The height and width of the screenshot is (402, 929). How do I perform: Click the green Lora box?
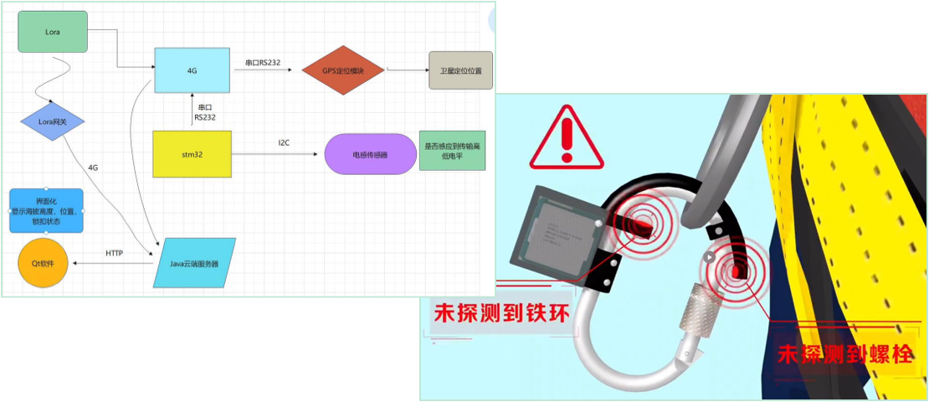pyautogui.click(x=53, y=31)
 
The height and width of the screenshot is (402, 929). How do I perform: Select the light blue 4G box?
pyautogui.click(x=192, y=70)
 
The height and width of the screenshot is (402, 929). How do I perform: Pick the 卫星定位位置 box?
pyautogui.click(x=460, y=70)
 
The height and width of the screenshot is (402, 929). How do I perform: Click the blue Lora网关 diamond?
pyautogui.click(x=54, y=123)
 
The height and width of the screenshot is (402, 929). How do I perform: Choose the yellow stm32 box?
pyautogui.click(x=192, y=153)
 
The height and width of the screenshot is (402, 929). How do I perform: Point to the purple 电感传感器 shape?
pyautogui.click(x=369, y=154)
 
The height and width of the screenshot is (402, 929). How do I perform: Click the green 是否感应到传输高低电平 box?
pyautogui.click(x=451, y=151)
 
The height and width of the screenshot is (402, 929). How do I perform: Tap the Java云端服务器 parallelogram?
pyautogui.click(x=192, y=263)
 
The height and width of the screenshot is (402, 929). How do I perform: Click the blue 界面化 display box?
pyautogui.click(x=46, y=210)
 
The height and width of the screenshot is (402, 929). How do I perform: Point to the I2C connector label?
pyautogui.click(x=285, y=143)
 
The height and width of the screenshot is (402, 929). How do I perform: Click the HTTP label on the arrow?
pyautogui.click(x=115, y=253)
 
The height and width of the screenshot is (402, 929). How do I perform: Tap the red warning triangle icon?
pyautogui.click(x=566, y=137)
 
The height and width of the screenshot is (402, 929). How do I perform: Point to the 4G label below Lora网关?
pyautogui.click(x=93, y=167)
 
